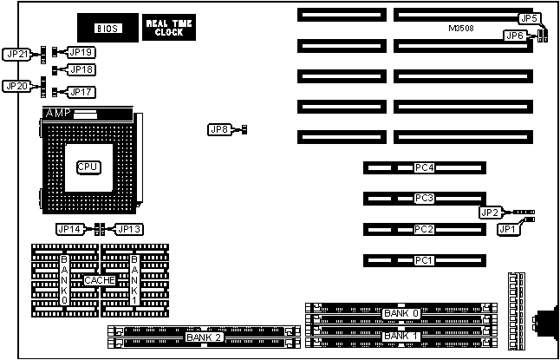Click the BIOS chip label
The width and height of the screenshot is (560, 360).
107,29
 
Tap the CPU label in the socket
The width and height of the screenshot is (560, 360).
88,167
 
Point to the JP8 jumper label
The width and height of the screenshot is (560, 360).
219,130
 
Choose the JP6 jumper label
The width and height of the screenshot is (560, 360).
514,36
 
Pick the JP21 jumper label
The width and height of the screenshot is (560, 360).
16,54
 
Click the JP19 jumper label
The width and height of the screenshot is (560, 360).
81,53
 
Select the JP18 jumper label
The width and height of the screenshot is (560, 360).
81,69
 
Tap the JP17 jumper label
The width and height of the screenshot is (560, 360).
81,91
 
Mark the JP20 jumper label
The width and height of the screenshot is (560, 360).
16,86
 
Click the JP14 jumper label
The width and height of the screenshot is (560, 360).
68,229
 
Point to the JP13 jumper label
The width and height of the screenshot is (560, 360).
128,229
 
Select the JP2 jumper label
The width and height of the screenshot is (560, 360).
490,213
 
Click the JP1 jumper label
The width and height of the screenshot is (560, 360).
506,229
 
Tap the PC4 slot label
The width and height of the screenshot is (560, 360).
424,167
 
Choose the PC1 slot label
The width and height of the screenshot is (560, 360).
424,260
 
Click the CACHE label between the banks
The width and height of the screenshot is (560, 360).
100,280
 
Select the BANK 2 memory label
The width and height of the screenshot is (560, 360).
204,336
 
